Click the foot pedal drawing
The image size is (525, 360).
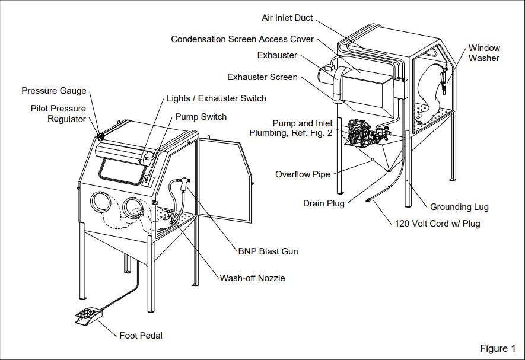coord(89,316)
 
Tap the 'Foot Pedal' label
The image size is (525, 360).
coord(141,336)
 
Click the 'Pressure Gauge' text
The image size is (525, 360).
coord(54,91)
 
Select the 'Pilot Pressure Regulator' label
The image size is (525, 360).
coord(58,114)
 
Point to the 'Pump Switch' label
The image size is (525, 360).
coord(201,117)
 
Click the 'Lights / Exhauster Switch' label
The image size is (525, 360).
coord(217,98)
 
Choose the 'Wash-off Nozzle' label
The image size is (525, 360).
coord(253,278)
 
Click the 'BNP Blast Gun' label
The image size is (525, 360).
coord(268,251)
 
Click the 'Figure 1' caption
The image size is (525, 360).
coord(498,349)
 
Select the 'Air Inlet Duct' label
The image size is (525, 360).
coord(287,18)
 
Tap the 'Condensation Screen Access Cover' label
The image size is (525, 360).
coord(242,39)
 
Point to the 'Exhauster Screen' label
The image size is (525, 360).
coord(262,77)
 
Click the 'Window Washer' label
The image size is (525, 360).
coord(484,53)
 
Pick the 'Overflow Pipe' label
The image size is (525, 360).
coord(303,174)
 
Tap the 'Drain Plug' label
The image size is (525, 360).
coord(323,203)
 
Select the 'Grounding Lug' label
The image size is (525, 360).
coord(459,208)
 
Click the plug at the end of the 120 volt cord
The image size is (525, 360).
coord(369,200)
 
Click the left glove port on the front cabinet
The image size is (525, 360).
coord(101,202)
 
